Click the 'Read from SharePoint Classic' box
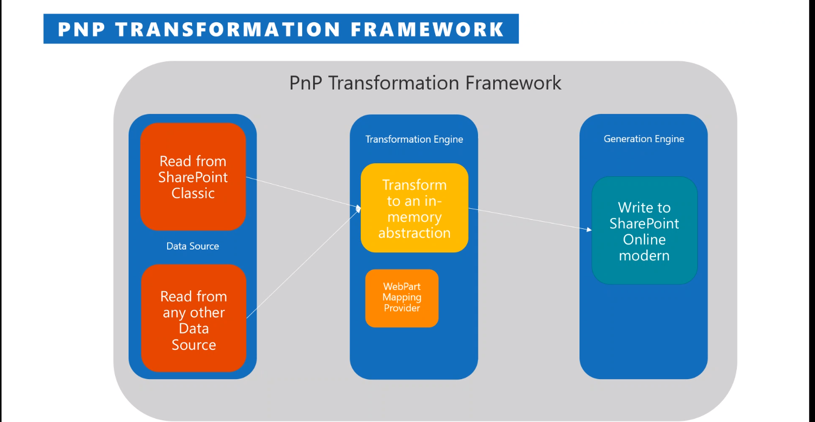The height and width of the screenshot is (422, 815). [193, 177]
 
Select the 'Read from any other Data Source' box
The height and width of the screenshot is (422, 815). [193, 320]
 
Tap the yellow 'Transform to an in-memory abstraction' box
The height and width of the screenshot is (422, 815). [414, 208]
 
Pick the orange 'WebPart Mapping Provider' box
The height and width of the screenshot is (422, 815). [402, 298]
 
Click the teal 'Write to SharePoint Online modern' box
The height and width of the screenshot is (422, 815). [644, 231]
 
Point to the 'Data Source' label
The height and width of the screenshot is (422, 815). [193, 246]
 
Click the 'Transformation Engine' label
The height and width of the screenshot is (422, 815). [414, 139]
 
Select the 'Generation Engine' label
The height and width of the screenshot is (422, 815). [644, 139]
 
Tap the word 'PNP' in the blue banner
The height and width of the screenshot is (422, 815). [82, 29]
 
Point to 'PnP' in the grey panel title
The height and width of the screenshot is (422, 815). [307, 83]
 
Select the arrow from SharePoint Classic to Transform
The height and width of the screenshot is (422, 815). [304, 192]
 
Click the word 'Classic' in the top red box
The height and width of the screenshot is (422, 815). [193, 193]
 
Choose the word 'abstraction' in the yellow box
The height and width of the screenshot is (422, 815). [415, 233]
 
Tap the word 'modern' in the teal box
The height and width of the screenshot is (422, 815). [644, 255]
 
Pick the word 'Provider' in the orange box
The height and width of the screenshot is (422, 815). [402, 308]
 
